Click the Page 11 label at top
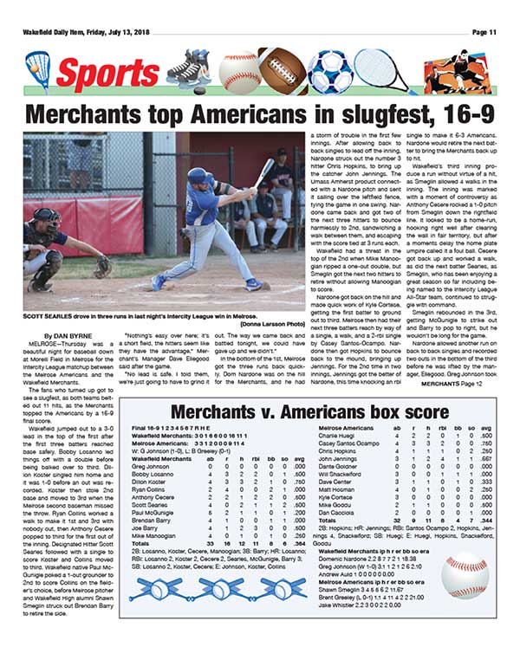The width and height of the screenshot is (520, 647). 484,32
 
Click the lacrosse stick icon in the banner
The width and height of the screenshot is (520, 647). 38,68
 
